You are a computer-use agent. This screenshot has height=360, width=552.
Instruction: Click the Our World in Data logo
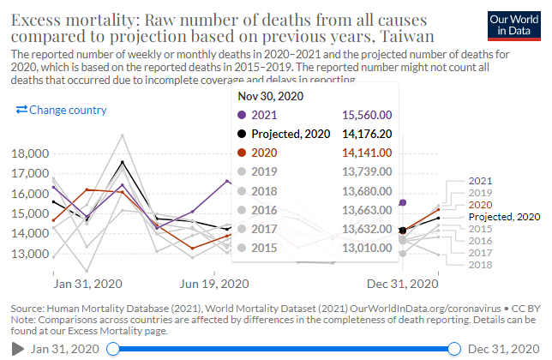click(511, 23)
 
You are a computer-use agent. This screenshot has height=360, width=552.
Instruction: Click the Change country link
click(61, 110)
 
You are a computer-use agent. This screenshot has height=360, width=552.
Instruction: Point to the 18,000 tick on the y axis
click(33, 153)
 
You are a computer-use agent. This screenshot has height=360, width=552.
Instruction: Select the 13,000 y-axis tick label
click(33, 254)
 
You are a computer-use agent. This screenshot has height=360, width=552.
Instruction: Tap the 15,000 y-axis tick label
click(33, 213)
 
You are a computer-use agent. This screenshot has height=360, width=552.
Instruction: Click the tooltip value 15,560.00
click(367, 114)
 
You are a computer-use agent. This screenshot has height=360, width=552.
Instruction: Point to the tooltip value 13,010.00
click(367, 248)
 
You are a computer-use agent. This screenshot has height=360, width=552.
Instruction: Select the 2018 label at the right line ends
click(481, 265)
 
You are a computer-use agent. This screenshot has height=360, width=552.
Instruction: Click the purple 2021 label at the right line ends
click(481, 181)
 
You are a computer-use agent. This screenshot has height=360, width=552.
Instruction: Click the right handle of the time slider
click(453, 349)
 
